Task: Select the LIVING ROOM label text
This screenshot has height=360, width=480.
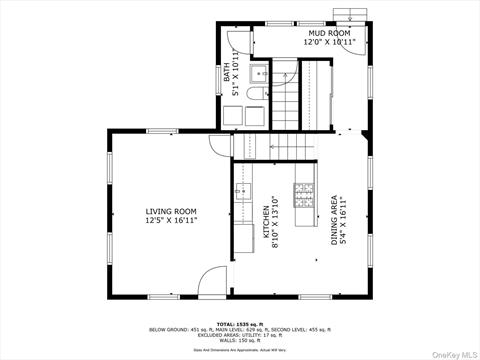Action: coord(171,211)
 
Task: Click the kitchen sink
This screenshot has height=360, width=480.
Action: coord(244,194)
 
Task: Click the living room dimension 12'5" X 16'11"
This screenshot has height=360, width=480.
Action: coord(171,220)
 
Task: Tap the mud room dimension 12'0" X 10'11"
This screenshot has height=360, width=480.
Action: coord(329,43)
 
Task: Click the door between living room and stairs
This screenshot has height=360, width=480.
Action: coord(222,147)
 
